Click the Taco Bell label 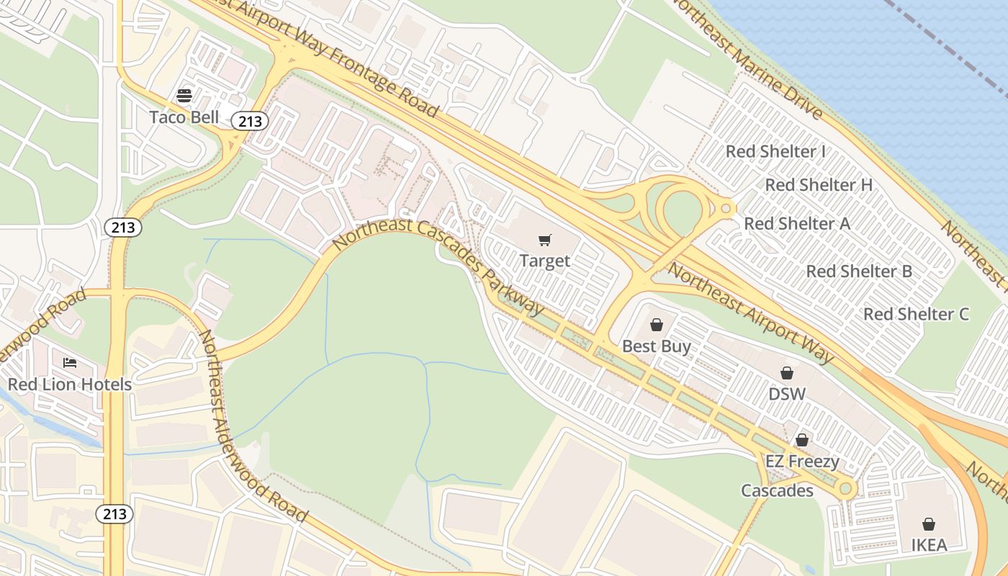click(184, 117)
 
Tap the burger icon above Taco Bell click(184, 96)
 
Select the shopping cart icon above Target click(545, 240)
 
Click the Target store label click(545, 261)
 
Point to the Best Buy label click(656, 346)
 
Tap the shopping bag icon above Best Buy click(656, 325)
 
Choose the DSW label click(787, 394)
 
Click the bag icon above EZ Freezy click(802, 439)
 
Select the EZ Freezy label click(802, 461)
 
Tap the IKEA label click(929, 545)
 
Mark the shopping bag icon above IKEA click(929, 523)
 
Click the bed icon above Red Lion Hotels click(70, 362)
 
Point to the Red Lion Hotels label click(70, 384)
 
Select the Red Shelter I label click(775, 151)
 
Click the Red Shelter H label click(819, 185)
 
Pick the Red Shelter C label click(916, 314)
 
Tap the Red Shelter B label click(859, 271)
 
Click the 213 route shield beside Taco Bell click(250, 121)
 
